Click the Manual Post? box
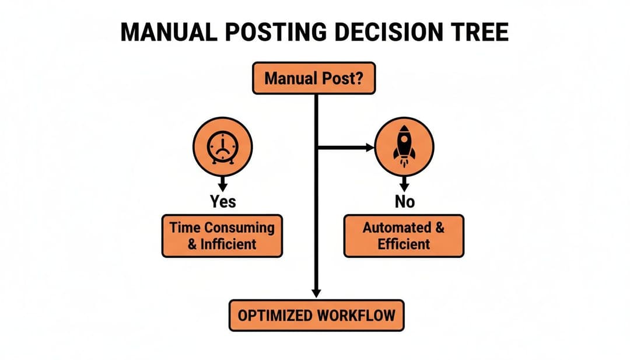coord(313,79)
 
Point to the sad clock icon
coord(222,146)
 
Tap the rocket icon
coord(404,146)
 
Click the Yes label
coord(223,202)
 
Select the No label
coord(404,202)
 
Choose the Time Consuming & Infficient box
coord(222,236)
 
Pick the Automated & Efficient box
coord(404,236)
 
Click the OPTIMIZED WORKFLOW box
coord(316,316)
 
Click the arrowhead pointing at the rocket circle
coord(369,148)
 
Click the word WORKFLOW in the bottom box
coord(356,316)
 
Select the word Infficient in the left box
coord(229,244)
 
